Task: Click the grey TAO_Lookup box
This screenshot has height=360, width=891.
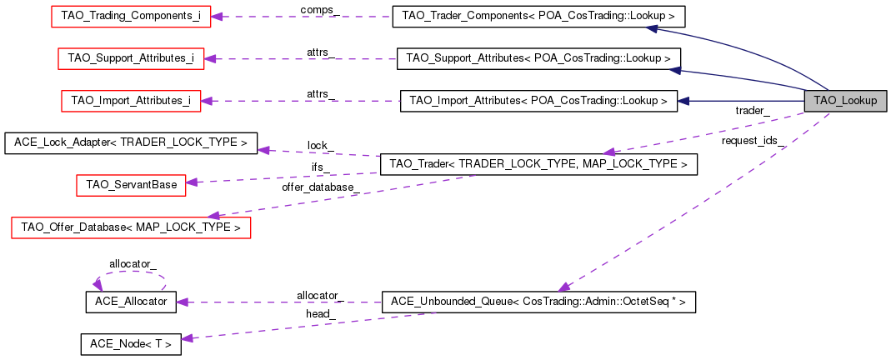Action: tap(845, 101)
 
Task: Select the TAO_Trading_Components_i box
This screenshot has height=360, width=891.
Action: tap(130, 16)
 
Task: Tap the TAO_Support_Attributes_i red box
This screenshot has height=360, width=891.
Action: tap(131, 58)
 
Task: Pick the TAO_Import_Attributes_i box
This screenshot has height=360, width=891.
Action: tap(131, 101)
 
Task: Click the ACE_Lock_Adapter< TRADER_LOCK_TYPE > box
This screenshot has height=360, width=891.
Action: tap(131, 143)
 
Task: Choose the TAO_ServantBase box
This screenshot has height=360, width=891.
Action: tap(131, 184)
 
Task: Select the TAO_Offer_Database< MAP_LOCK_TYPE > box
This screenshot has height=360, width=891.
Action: tap(131, 227)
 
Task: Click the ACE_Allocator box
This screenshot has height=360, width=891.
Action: tap(131, 302)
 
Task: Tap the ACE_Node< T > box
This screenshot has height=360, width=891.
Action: tap(130, 344)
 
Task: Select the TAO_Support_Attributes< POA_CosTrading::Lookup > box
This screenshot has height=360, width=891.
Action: tap(538, 58)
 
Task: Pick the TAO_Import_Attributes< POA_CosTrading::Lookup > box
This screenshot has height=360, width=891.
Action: tap(538, 101)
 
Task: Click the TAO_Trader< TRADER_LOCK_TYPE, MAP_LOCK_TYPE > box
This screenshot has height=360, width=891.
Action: tap(538, 165)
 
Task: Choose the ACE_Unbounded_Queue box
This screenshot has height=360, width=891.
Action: tap(538, 302)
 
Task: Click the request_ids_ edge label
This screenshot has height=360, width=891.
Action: tap(753, 141)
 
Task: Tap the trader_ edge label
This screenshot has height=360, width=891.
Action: tap(752, 110)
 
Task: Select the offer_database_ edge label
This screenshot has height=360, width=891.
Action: tap(320, 187)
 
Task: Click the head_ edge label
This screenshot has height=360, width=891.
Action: tap(320, 313)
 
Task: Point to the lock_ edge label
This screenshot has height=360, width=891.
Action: tap(320, 145)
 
